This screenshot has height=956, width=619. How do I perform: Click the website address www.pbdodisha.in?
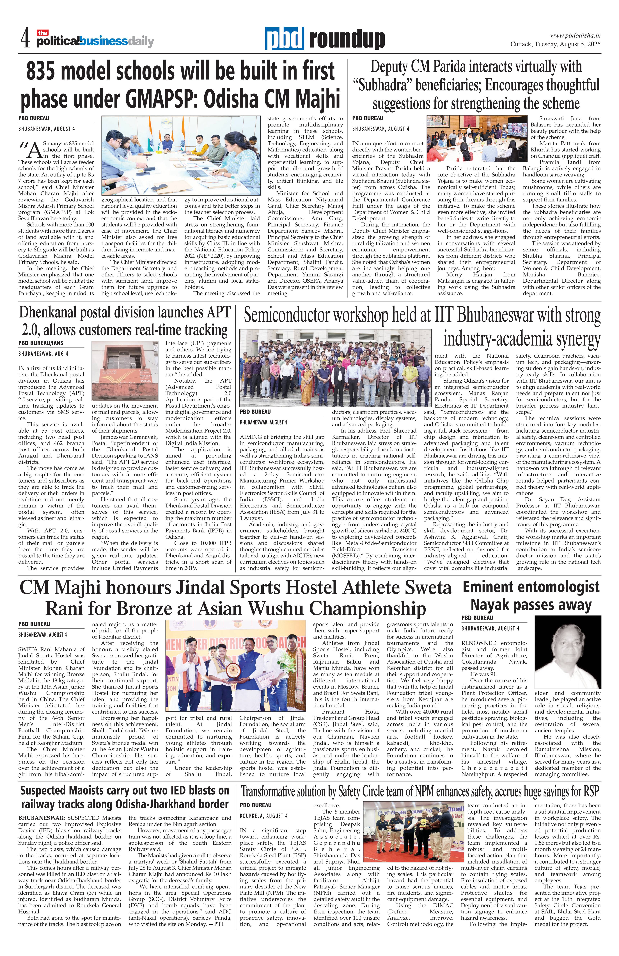coord(575,35)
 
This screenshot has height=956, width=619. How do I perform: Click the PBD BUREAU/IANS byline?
coord(41,343)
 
